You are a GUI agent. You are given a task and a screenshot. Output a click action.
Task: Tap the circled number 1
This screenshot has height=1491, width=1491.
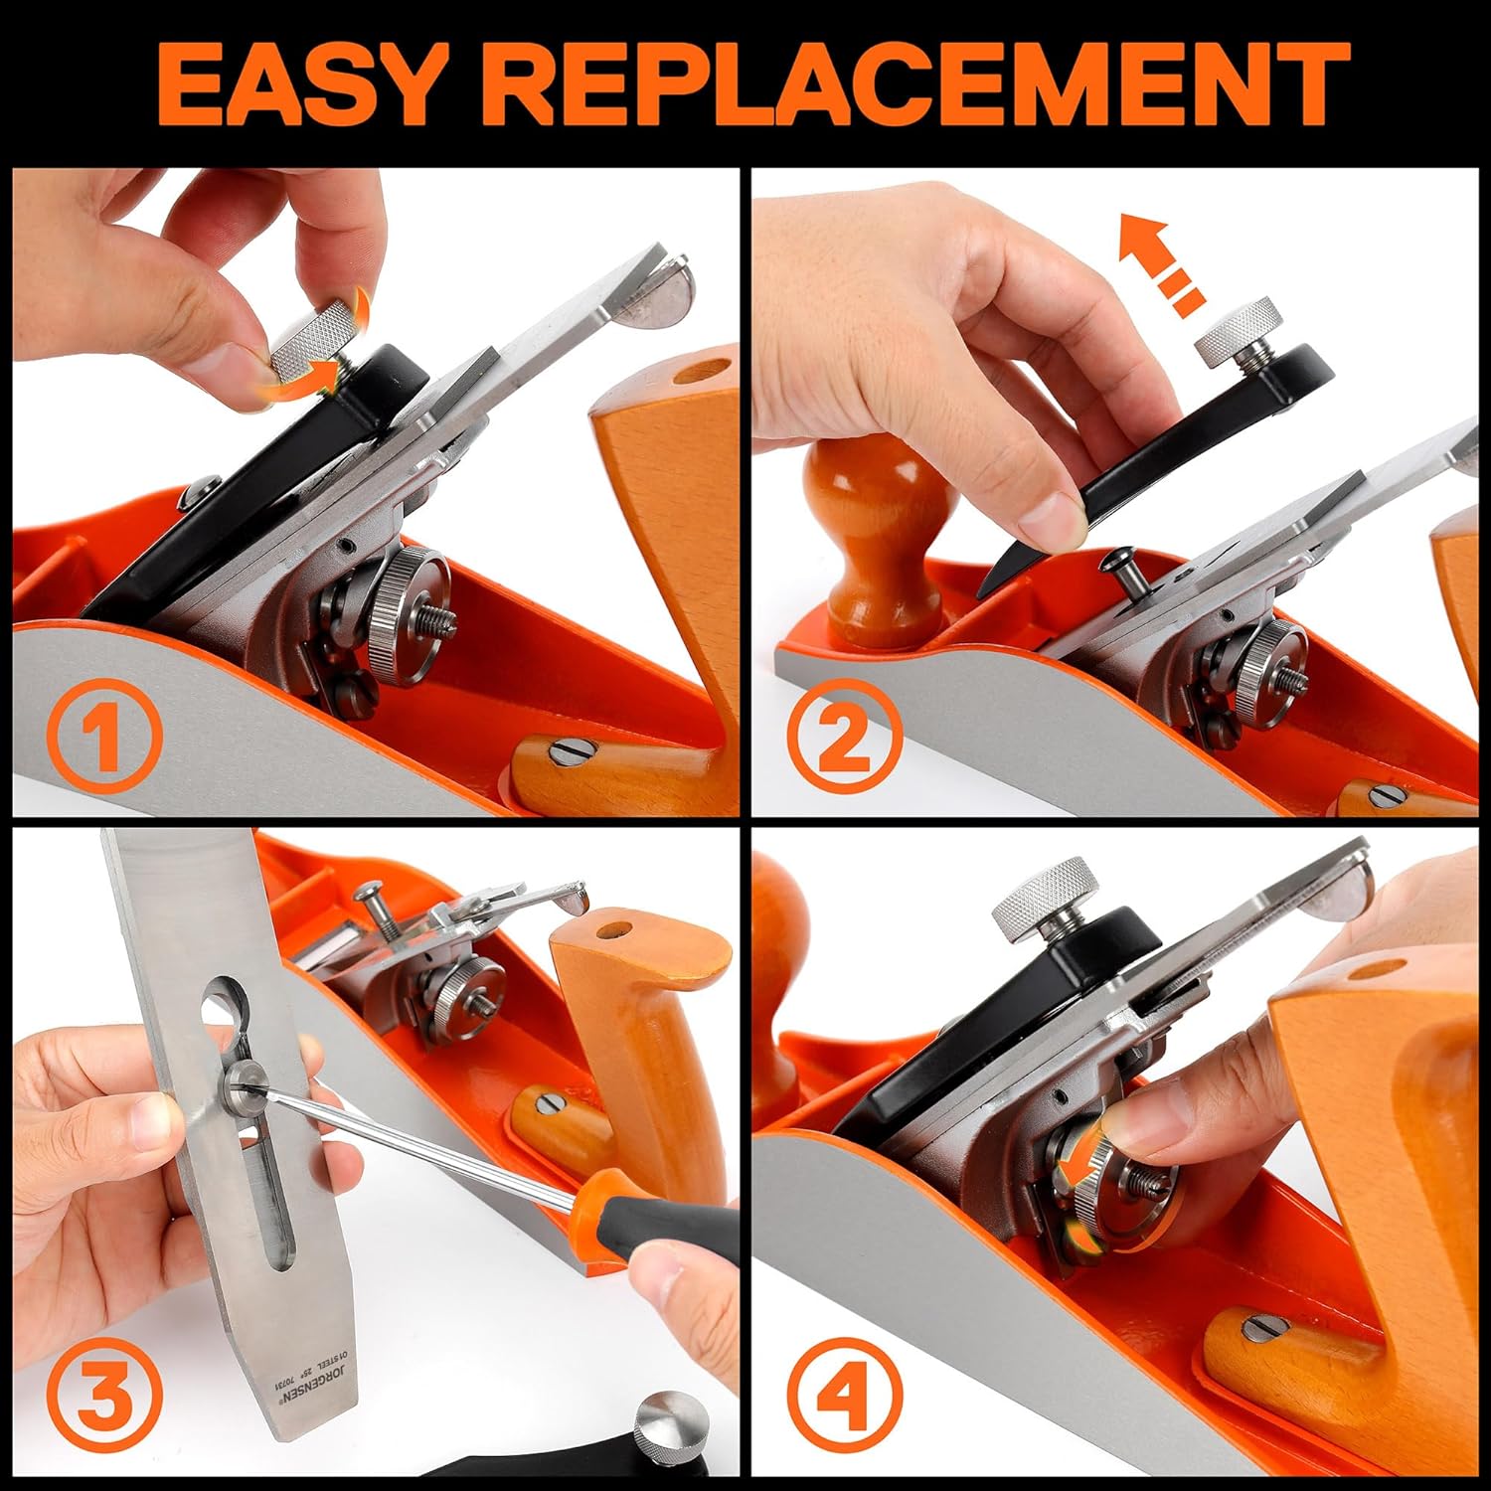coord(103,737)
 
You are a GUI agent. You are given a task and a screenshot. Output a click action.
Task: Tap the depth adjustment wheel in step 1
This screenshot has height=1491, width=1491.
coord(410,615)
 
